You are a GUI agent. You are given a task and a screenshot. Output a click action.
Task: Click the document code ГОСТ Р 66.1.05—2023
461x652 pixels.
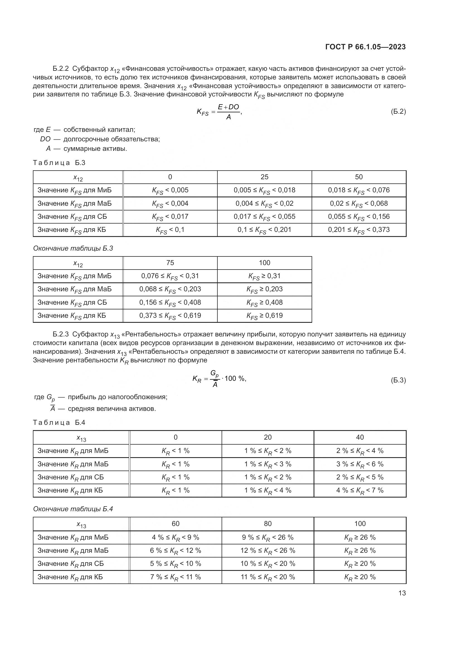pyautogui.click(x=365, y=47)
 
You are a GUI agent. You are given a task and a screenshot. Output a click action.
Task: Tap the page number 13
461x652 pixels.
pyautogui.click(x=402, y=593)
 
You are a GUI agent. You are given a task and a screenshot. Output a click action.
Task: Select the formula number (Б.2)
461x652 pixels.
pyautogui.click(x=398, y=111)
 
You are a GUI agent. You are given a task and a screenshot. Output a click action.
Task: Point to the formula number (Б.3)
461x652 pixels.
pyautogui.click(x=398, y=380)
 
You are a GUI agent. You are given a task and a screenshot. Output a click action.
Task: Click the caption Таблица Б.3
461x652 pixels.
pyautogui.click(x=59, y=163)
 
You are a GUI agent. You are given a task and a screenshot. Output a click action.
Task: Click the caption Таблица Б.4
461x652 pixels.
pyautogui.click(x=59, y=423)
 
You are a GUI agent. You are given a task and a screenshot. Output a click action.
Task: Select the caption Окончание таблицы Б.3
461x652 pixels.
pyautogui.click(x=73, y=248)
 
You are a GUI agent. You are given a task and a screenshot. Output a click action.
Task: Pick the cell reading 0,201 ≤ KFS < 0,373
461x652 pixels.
pyautogui.click(x=359, y=230)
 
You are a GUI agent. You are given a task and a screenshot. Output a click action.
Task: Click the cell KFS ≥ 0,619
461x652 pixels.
pyautogui.click(x=265, y=316)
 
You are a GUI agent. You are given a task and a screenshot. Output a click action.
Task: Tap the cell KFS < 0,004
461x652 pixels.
pyautogui.click(x=170, y=203)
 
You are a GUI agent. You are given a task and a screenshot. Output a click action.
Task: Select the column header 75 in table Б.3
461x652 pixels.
pyautogui.click(x=170, y=263)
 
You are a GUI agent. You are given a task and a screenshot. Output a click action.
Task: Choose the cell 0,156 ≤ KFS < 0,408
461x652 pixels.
pyautogui.click(x=170, y=302)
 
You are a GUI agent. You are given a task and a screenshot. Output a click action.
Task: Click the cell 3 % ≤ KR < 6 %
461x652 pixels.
pyautogui.click(x=360, y=464)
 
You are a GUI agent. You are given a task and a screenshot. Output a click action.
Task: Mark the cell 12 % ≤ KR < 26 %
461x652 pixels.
pyautogui.click(x=268, y=550)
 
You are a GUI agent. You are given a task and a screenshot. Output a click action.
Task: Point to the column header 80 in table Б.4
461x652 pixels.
pyautogui.click(x=268, y=524)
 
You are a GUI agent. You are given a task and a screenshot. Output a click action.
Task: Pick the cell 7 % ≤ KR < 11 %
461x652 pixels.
pyautogui.click(x=175, y=577)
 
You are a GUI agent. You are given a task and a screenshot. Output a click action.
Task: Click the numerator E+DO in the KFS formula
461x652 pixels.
pyautogui.click(x=228, y=107)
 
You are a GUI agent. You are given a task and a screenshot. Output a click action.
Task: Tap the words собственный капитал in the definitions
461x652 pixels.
pyautogui.click(x=99, y=130)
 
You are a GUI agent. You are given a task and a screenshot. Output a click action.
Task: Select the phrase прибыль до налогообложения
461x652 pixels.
pyautogui.click(x=118, y=397)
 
